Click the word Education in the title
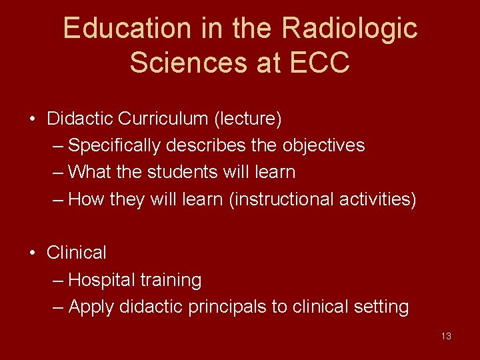point(117,29)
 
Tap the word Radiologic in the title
point(349,29)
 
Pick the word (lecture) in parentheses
point(248,119)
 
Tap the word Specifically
point(114,145)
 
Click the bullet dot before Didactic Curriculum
point(32,120)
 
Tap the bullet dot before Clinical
point(32,253)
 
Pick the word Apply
point(91,307)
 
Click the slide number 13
point(446,336)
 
